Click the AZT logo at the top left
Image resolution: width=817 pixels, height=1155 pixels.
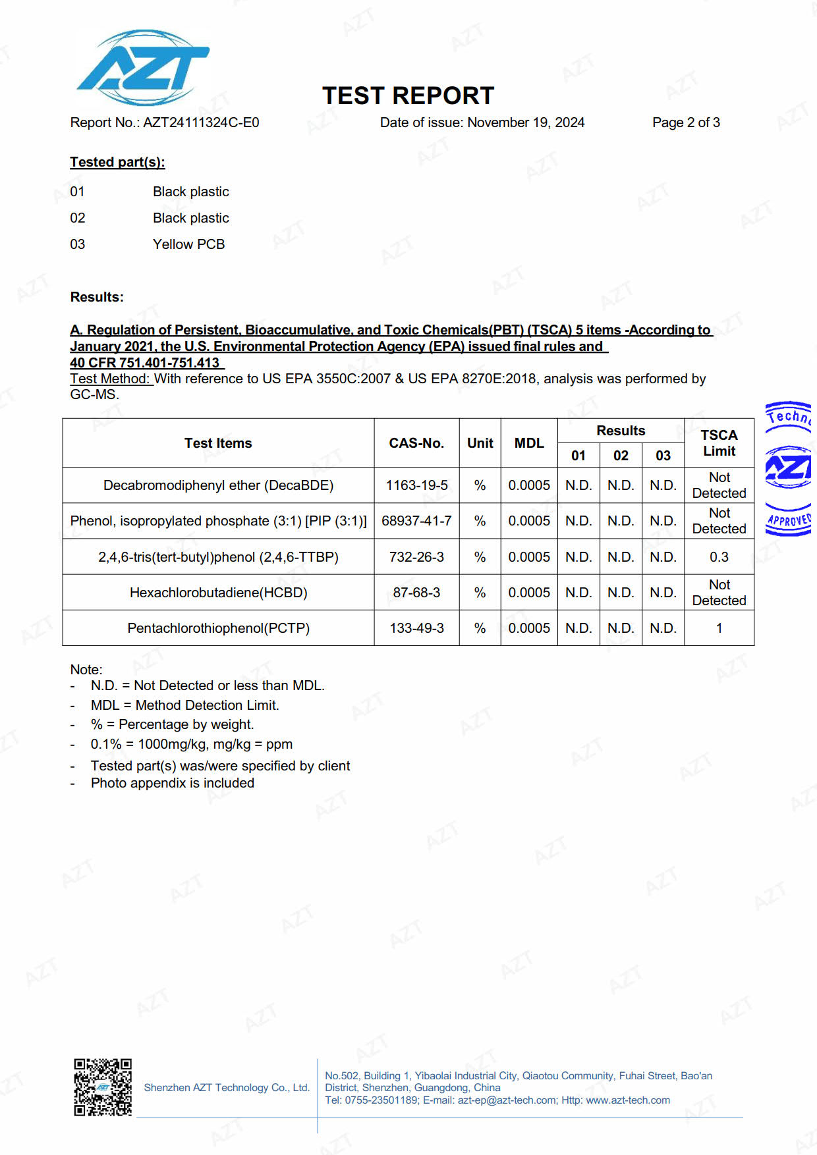(143, 68)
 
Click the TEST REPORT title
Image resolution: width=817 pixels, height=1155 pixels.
(408, 96)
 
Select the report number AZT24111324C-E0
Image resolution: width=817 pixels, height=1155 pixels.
(201, 122)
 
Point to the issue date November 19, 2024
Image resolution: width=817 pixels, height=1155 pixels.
(525, 122)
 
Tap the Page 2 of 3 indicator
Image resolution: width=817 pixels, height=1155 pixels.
(686, 122)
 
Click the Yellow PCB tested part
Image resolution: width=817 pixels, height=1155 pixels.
(188, 244)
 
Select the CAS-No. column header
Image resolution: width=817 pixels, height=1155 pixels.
(416, 443)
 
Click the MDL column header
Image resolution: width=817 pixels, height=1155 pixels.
(529, 443)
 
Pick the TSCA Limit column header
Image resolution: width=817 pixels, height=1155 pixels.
(719, 443)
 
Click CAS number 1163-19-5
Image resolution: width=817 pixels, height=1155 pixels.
(416, 485)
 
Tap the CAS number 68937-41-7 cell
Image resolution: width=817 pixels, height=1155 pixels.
(416, 521)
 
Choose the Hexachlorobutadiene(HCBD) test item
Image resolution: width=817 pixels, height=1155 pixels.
(218, 593)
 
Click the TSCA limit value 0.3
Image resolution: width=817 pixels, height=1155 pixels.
(719, 557)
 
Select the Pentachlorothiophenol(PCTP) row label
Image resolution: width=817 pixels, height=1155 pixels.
(218, 628)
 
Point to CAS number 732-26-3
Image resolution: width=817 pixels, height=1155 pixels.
(416, 557)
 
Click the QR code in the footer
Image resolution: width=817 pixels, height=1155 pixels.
(103, 1087)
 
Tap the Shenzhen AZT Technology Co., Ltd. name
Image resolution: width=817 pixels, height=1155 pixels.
(227, 1088)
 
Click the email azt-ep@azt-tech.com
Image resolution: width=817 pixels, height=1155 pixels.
(507, 1100)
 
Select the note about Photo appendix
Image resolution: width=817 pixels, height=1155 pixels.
(172, 783)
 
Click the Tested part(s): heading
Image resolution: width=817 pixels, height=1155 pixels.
(117, 162)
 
